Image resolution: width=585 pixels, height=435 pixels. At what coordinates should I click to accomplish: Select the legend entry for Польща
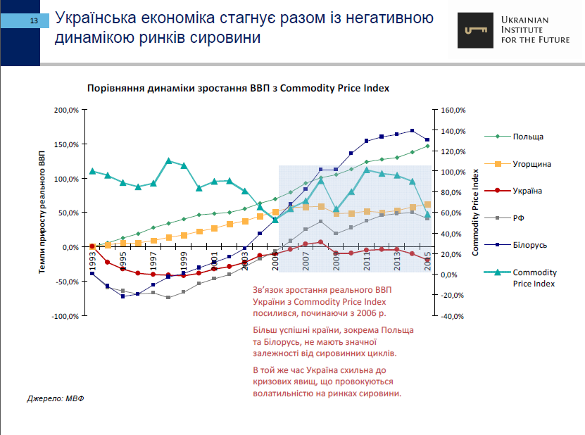528,137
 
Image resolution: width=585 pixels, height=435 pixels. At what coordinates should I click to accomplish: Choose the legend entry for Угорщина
531,164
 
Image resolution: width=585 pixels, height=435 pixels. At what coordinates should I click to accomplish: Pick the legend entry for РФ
519,218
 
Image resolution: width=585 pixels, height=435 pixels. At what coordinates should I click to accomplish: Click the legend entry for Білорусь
530,245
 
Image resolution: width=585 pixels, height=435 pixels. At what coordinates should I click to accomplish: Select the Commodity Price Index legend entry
534,277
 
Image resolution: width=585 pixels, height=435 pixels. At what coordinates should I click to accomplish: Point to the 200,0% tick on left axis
65,111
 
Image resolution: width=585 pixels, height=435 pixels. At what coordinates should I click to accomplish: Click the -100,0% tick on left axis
64,316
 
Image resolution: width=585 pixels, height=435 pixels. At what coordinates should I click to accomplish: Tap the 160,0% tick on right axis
453,111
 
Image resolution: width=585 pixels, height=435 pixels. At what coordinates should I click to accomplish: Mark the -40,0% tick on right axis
453,316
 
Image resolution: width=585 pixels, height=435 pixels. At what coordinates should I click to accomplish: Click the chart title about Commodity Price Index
238,89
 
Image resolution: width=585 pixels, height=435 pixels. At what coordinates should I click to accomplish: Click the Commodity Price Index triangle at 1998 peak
169,160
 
